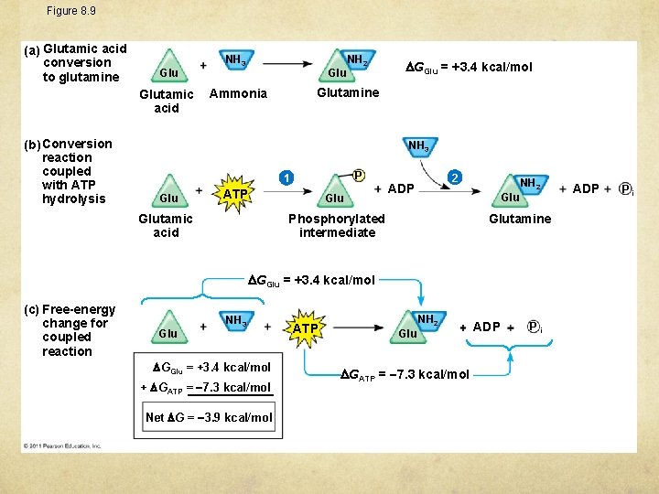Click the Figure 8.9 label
(71, 11)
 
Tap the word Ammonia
(238, 93)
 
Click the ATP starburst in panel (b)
(235, 194)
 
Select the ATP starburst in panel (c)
(306, 328)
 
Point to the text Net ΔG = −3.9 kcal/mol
(209, 418)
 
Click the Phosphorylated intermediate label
(337, 225)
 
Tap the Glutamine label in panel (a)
(348, 92)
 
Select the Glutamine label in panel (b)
(520, 219)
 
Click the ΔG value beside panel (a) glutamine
(469, 67)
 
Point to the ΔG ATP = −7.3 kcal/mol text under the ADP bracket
(405, 374)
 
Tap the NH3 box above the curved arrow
(417, 145)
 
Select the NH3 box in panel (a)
(235, 60)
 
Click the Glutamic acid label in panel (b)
(166, 225)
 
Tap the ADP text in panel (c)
(486, 328)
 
